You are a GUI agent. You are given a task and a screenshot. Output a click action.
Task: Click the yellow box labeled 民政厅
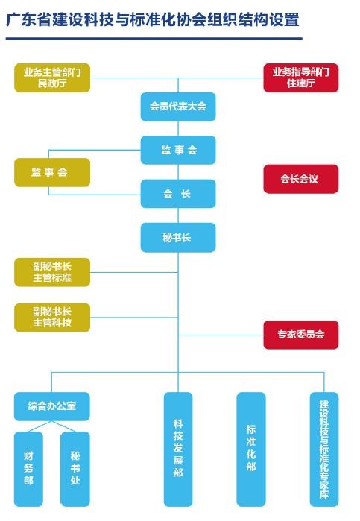click(52, 78)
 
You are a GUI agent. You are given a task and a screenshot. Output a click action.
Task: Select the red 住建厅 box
click(301, 78)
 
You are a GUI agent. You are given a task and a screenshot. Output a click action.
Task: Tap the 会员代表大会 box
click(178, 107)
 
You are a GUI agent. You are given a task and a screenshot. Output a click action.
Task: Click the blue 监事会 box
click(178, 150)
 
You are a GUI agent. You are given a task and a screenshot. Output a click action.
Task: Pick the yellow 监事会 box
click(52, 172)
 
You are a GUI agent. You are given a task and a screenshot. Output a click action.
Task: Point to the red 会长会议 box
click(301, 179)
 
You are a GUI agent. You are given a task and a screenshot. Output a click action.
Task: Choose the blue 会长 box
click(178, 194)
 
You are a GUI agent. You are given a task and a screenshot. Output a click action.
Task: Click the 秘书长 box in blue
click(178, 237)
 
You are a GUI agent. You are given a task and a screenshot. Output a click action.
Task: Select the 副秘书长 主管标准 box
click(52, 272)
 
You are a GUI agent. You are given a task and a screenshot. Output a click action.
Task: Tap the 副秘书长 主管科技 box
click(52, 318)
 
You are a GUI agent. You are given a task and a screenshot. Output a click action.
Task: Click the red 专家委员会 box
click(301, 335)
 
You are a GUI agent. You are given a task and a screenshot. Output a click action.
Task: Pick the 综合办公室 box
click(52, 406)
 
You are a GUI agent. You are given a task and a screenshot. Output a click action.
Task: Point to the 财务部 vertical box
click(28, 469)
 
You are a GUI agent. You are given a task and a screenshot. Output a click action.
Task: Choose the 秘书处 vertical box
click(75, 469)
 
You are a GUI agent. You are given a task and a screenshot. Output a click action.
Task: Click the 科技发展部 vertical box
click(178, 449)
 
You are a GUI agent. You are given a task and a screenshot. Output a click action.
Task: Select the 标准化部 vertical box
click(251, 449)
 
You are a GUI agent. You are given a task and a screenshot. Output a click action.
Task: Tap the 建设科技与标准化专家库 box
click(324, 449)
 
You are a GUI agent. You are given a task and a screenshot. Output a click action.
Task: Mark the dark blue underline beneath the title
click(154, 39)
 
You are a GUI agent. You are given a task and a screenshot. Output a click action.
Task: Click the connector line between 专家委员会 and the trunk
click(221, 335)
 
